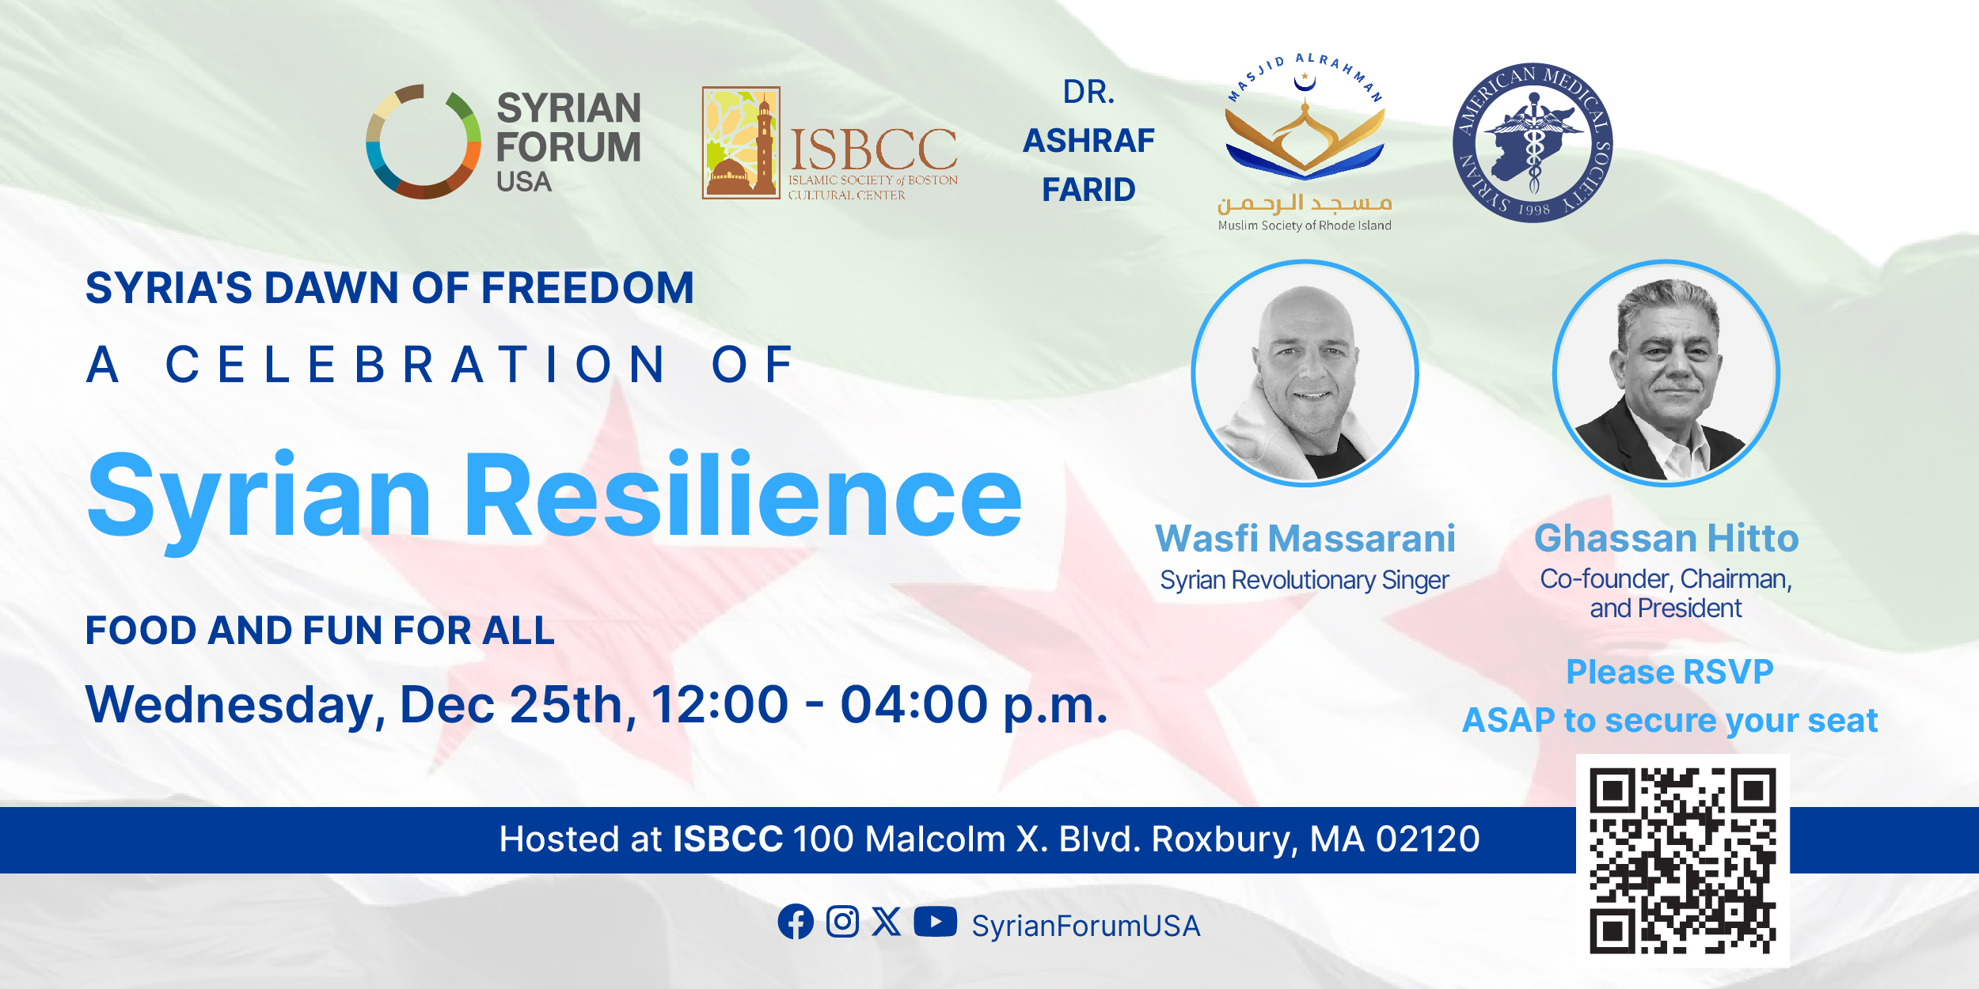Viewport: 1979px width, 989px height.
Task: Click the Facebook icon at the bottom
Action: coord(796,922)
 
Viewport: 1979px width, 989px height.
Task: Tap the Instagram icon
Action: coord(842,922)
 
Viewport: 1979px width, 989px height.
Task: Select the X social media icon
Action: coord(887,922)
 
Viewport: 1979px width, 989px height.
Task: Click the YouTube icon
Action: coord(936,922)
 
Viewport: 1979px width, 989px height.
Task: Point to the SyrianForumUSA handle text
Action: coord(1086,926)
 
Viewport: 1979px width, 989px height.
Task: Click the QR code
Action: coord(1683,861)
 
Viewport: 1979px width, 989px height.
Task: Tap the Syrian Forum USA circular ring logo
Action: coord(424,142)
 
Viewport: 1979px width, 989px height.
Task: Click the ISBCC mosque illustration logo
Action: coord(741,142)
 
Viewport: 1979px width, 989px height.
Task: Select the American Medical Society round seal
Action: coord(1533,142)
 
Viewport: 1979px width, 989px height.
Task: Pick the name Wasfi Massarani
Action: coord(1305,539)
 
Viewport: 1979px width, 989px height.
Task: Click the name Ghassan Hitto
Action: coord(1666,539)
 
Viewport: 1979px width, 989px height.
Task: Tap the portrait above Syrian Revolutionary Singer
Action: coord(1305,373)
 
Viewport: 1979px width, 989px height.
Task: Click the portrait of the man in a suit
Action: coord(1666,373)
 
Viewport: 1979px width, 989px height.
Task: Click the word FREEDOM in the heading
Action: coord(587,287)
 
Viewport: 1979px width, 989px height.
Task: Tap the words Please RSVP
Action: coord(1669,673)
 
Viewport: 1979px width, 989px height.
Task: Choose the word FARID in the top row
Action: coord(1088,190)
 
